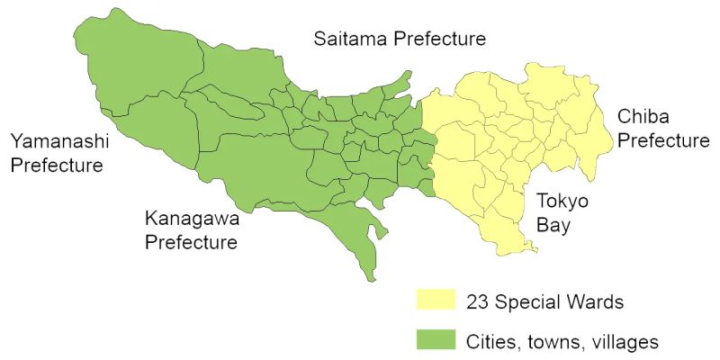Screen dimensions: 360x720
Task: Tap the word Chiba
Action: pos(644,118)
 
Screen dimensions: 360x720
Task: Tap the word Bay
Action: pos(553,225)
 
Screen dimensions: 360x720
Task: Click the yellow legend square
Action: pos(433,300)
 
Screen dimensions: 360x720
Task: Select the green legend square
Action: pos(433,341)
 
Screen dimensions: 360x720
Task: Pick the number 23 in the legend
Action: pos(478,301)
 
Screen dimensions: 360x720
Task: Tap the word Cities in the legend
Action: pos(491,342)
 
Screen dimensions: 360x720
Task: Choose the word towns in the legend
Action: pos(553,342)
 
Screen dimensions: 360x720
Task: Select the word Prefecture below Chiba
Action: pos(662,142)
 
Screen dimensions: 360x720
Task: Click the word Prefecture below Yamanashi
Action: pos(56,166)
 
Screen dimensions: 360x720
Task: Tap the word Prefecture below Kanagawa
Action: pos(191,243)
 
